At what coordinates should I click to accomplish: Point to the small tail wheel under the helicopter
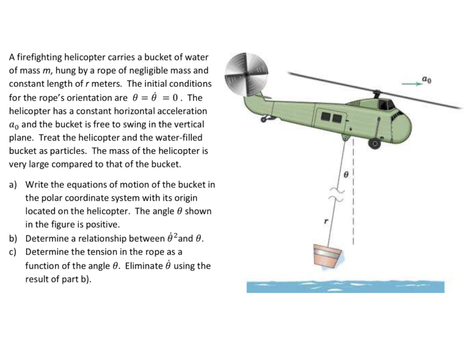click(264, 119)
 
